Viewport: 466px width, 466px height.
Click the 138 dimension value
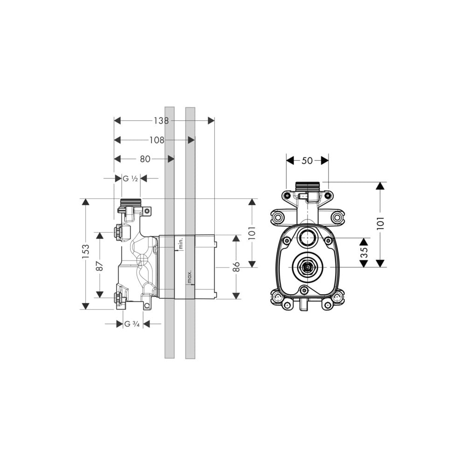tap(161, 121)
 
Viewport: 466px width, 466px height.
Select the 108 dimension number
tap(157, 140)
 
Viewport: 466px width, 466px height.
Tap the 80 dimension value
tap(145, 159)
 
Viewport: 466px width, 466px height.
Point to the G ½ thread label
tap(130, 178)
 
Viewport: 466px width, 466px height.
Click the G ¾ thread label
tap(132, 324)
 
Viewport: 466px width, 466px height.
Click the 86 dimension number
tap(236, 267)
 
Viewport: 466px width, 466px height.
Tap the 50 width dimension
tap(307, 160)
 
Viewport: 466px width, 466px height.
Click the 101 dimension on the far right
tap(380, 223)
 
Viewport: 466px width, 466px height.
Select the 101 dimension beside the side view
tap(252, 233)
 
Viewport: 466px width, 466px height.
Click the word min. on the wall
tap(180, 243)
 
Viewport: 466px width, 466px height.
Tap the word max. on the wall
tap(189, 276)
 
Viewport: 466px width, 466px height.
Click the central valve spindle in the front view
tap(307, 267)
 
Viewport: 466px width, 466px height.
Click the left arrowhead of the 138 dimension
tap(117, 121)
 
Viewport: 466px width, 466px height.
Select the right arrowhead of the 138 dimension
tap(211, 121)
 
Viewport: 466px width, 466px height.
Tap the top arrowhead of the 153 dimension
tap(86, 202)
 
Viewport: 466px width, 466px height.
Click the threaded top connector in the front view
tap(307, 186)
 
